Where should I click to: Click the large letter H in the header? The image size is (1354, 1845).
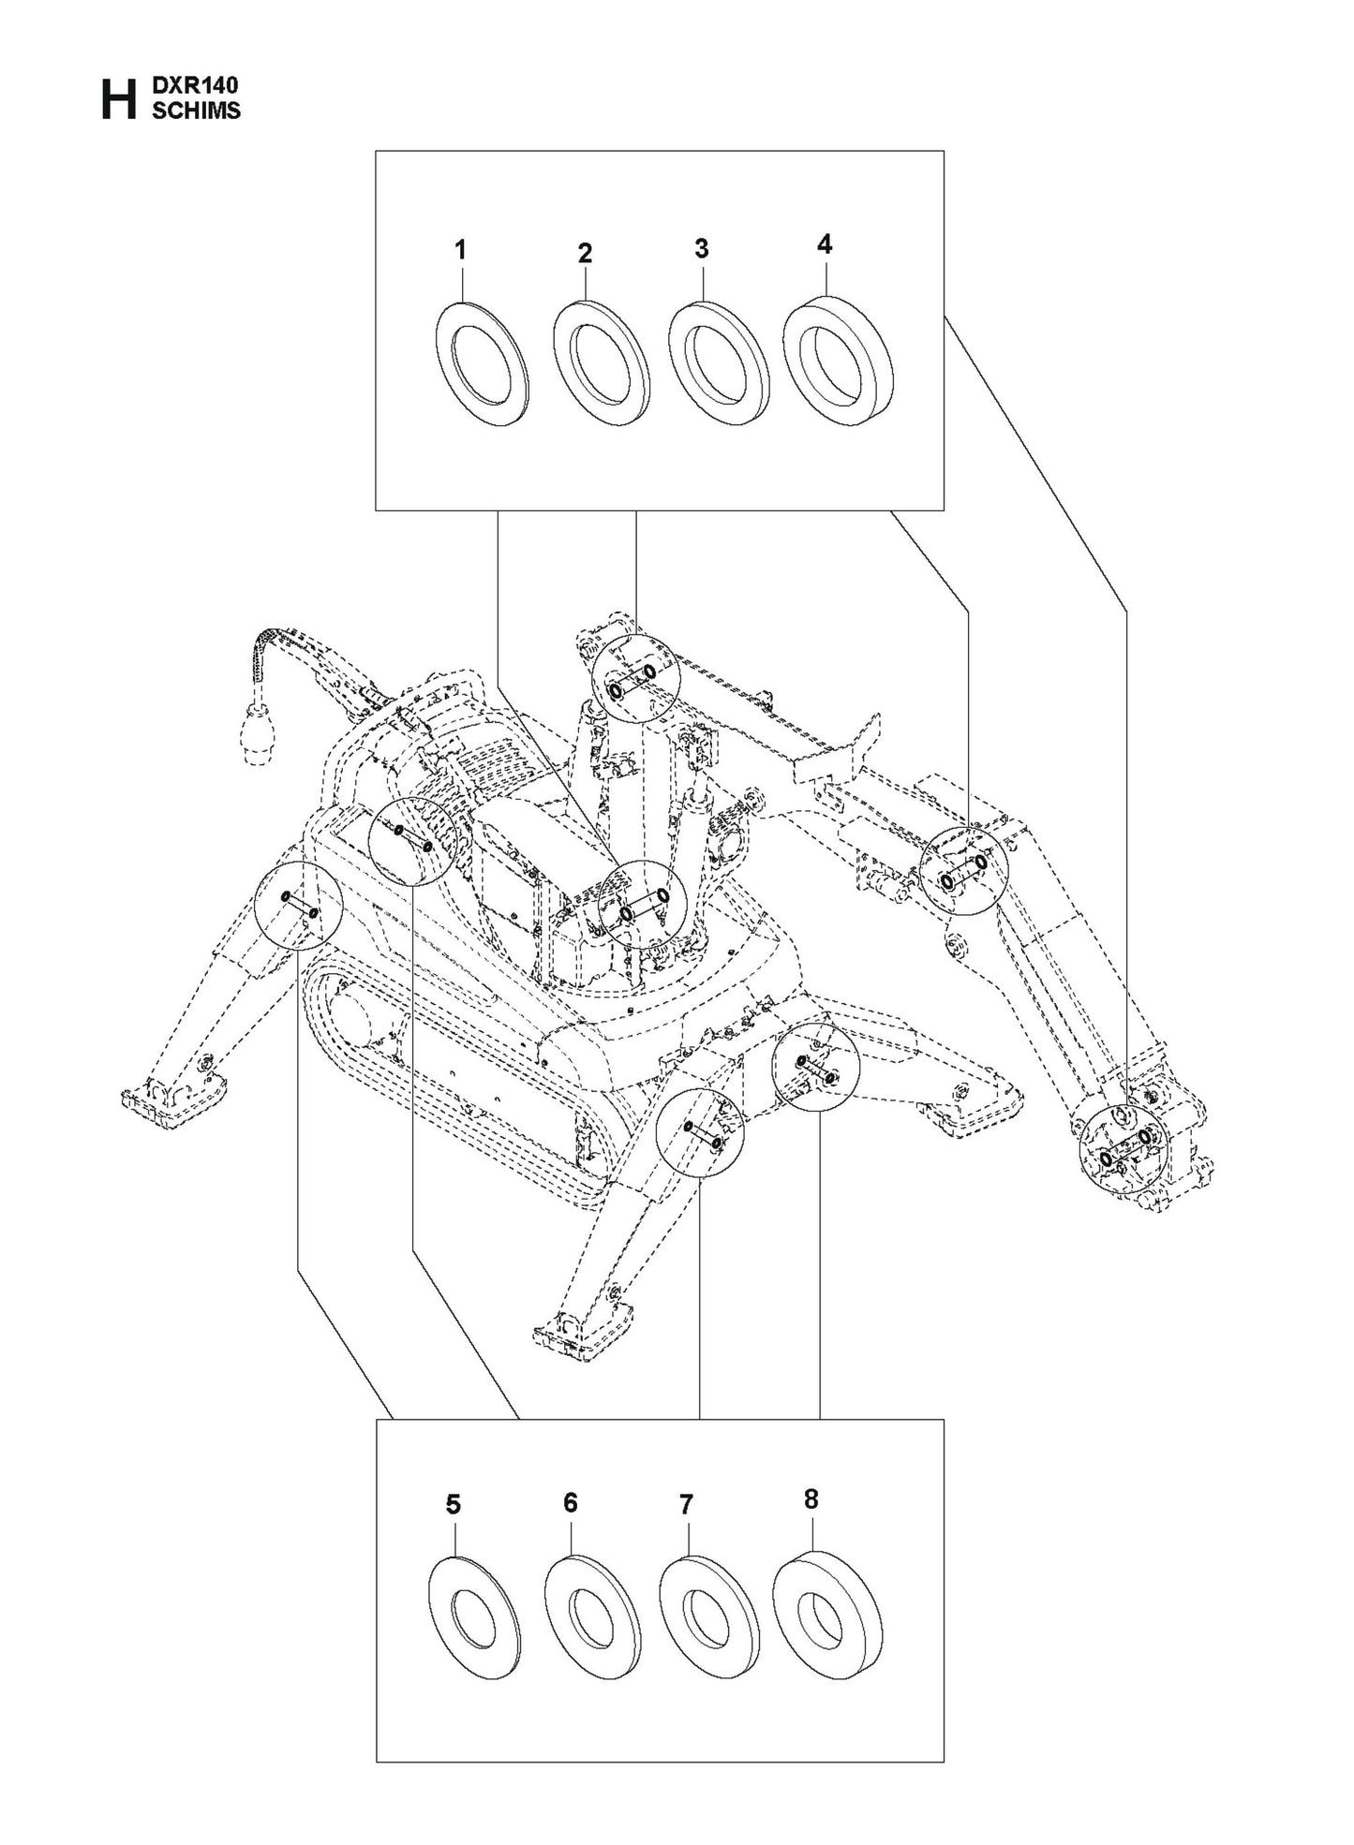point(116,99)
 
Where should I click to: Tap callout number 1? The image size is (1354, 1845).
point(460,250)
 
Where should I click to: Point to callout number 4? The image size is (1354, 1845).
point(824,244)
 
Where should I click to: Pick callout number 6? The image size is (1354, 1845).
point(570,1503)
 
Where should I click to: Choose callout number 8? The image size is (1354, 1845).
point(811,1498)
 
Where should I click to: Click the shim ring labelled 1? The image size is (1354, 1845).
point(482,364)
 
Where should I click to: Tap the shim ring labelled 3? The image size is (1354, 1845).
point(717,364)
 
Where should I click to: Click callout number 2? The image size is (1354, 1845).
point(585,253)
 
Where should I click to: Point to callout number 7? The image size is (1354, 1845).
point(686,1505)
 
